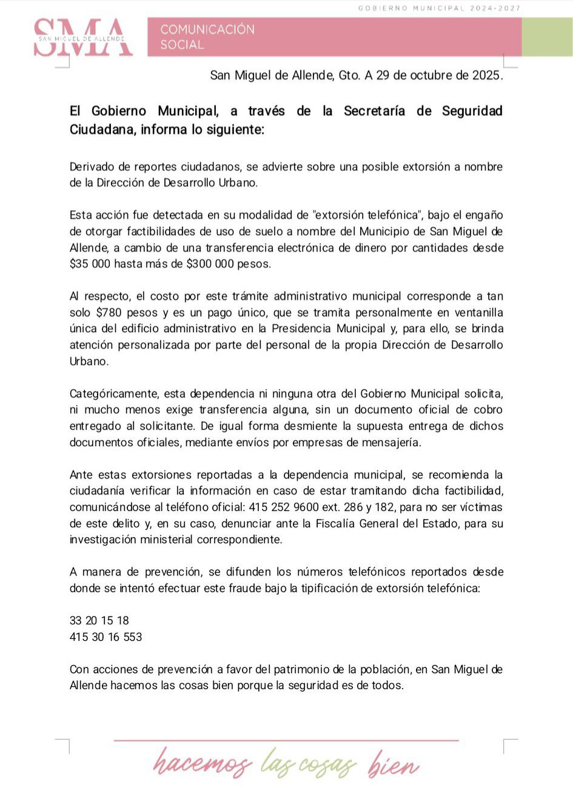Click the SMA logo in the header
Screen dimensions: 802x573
pos(82,38)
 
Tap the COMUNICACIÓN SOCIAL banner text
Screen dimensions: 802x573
pos(207,37)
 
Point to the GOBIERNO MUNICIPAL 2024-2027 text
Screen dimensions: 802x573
pos(439,8)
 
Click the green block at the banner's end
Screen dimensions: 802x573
pos(547,37)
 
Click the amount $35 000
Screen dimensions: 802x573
pos(90,264)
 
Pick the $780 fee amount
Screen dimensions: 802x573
pos(109,313)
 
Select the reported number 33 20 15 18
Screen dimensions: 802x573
pos(99,620)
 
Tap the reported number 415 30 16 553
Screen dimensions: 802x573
pos(106,637)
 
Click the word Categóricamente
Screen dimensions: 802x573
pos(113,394)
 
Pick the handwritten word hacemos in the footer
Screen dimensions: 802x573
pos(202,764)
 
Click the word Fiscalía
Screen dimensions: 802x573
pos(338,523)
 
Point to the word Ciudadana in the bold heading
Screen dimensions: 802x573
pos(101,130)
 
